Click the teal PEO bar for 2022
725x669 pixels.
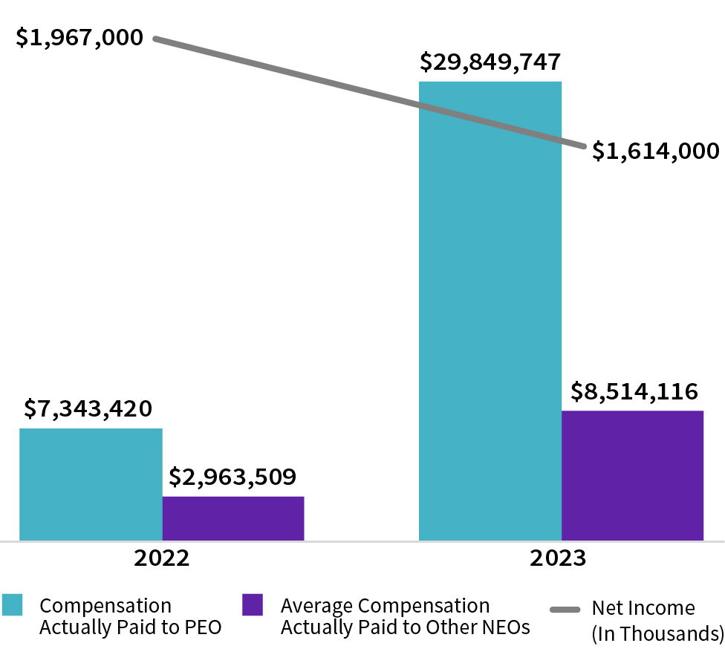click(91, 484)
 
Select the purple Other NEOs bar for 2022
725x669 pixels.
click(233, 518)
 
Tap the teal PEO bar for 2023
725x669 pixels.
click(490, 312)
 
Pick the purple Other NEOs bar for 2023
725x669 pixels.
click(632, 475)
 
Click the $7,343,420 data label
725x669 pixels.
click(88, 408)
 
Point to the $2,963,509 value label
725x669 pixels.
click(233, 476)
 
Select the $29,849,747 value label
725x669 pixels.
click(490, 62)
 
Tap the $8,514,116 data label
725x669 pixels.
click(634, 391)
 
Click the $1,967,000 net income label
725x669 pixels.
click(79, 37)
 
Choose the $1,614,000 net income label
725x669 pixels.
click(656, 151)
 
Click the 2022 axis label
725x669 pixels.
click(162, 558)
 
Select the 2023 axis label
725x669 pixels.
click(558, 558)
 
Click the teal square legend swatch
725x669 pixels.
click(13, 604)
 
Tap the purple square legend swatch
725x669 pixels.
click(253, 604)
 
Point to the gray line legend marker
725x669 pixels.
click(565, 610)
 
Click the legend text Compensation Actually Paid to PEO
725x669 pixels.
click(130, 616)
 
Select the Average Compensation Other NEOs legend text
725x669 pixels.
click(405, 616)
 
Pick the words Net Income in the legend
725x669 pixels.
click(643, 608)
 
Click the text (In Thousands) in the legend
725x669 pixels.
click(657, 633)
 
